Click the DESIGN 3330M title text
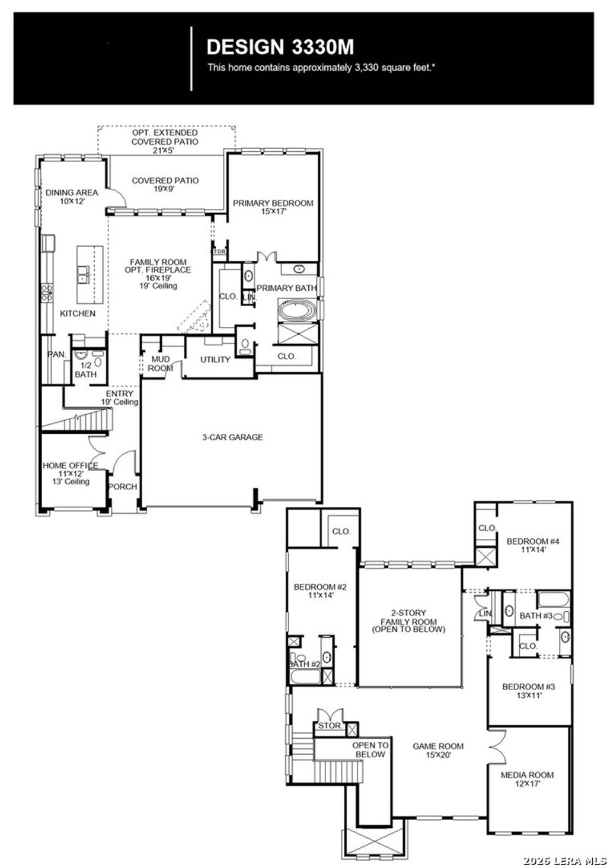(x=280, y=47)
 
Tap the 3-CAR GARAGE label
(x=232, y=437)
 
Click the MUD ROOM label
(x=161, y=363)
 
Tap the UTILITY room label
(x=215, y=360)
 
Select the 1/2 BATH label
(x=85, y=370)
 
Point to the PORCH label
(x=123, y=487)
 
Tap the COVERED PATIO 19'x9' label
(x=165, y=184)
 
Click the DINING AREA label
(x=72, y=196)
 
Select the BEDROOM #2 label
(x=320, y=590)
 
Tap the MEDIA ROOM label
(x=527, y=779)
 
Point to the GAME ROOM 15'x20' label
(x=438, y=750)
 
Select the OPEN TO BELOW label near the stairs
(x=370, y=750)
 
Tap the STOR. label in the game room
(x=330, y=726)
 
